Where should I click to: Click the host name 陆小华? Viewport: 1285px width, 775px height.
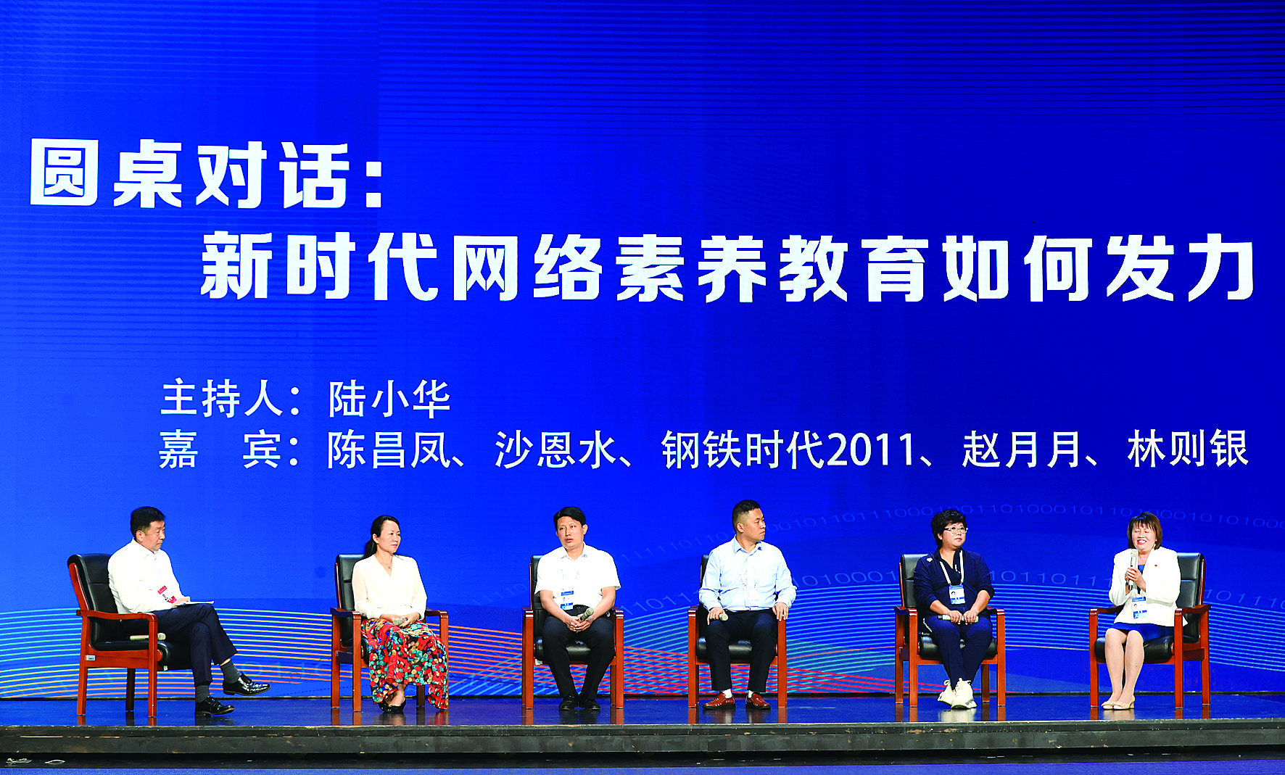click(389, 399)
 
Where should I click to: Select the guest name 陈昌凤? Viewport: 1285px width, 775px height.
click(389, 450)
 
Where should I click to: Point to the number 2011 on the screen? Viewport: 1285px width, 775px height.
click(870, 450)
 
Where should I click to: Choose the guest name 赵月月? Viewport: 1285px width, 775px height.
click(1023, 450)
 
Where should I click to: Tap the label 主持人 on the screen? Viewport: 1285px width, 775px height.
click(221, 399)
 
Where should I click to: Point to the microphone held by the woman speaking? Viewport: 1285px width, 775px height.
click(1132, 570)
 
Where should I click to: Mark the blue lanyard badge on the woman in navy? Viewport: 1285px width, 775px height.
click(957, 594)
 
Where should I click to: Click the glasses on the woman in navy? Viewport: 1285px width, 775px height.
click(954, 531)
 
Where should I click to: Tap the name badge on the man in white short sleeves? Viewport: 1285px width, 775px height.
click(566, 600)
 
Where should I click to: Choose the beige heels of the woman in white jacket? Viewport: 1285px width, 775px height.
click(1117, 703)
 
